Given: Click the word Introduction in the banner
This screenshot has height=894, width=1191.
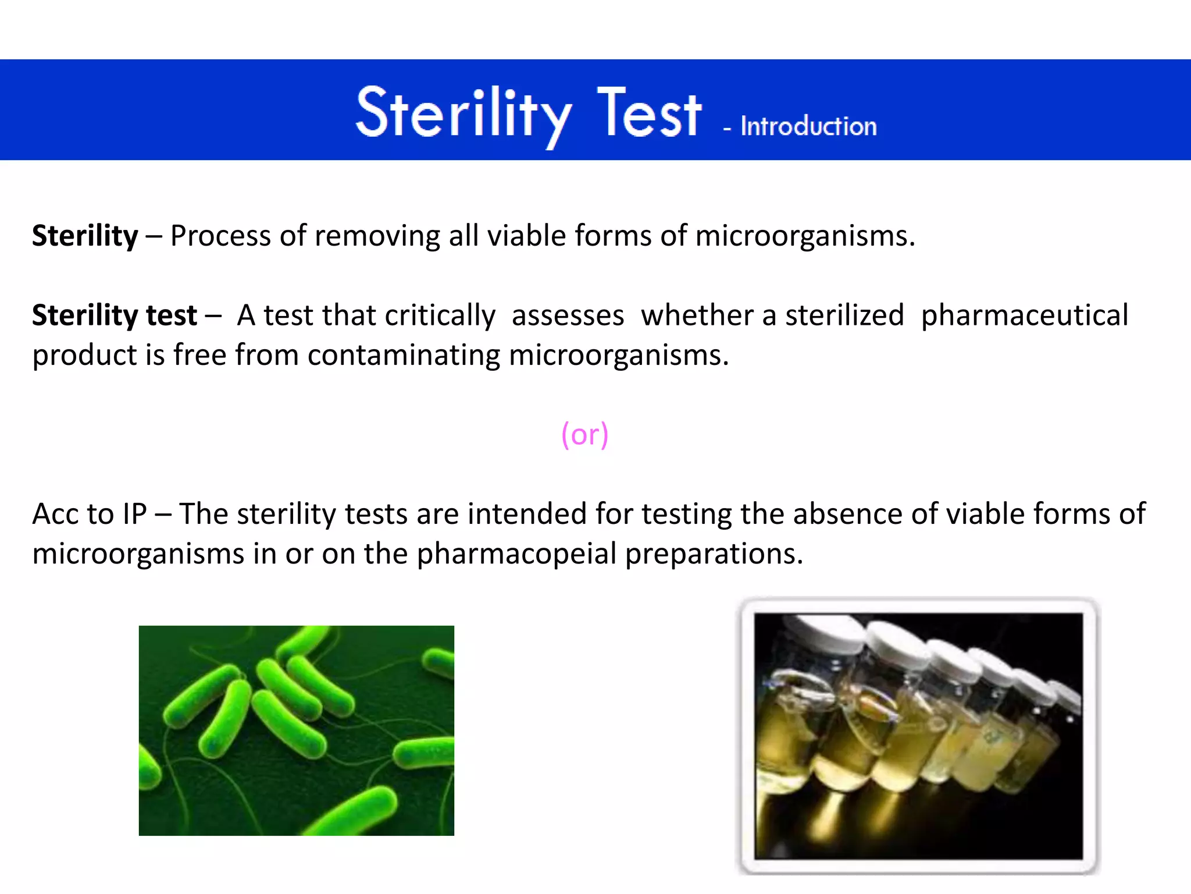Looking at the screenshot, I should (x=808, y=126).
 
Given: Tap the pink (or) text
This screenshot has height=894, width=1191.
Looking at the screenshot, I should (x=584, y=434).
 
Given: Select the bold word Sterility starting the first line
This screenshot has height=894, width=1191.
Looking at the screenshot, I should (x=85, y=236).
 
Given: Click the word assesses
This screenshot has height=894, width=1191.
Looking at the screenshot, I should (x=568, y=315).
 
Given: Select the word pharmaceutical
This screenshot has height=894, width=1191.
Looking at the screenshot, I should (x=1024, y=315).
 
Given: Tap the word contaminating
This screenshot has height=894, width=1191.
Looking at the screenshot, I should (x=404, y=355).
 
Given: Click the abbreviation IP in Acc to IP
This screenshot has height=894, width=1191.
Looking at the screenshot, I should (x=134, y=514).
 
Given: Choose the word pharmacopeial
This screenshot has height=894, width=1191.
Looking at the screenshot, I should (x=516, y=554).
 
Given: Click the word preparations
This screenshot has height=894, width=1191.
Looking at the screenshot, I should (x=714, y=554).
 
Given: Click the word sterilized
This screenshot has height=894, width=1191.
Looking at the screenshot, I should (x=844, y=315).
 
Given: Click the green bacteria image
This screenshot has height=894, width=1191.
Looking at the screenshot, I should (x=296, y=730).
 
